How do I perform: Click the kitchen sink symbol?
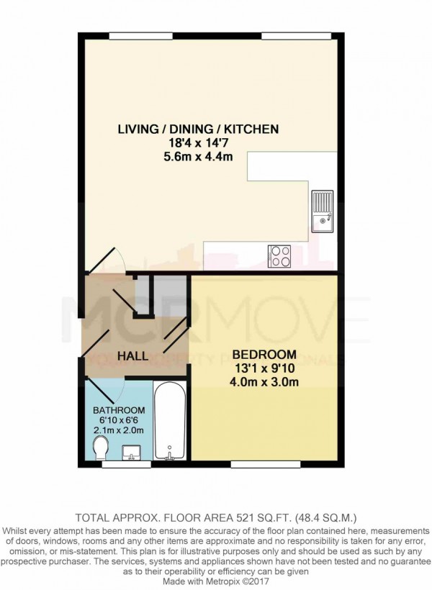(x=321, y=208)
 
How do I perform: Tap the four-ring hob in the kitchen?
(x=279, y=255)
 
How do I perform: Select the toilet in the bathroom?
(x=102, y=450)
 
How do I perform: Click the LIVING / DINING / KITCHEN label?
(x=198, y=130)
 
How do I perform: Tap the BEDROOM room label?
(x=264, y=355)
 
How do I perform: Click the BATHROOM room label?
(x=120, y=410)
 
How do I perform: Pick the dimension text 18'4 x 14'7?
(x=198, y=142)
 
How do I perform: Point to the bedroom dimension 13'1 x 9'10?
(x=264, y=368)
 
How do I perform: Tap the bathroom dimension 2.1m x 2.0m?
(x=120, y=430)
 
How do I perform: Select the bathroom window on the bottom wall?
(x=116, y=465)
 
